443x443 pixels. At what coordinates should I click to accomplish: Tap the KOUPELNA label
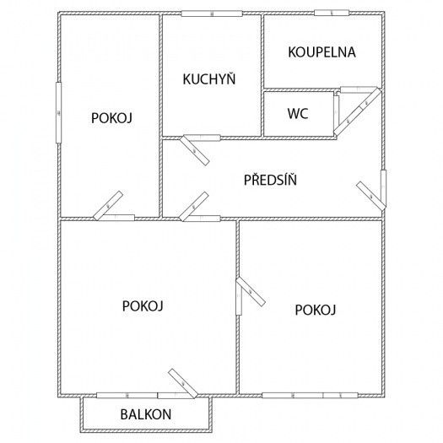point(321,51)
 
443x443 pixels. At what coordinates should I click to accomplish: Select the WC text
point(297,112)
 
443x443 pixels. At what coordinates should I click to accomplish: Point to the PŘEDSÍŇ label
point(270,180)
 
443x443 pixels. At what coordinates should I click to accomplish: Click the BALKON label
point(146,414)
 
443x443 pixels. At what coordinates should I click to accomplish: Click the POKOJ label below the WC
point(316,310)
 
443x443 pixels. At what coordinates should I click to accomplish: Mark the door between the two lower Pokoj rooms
point(249,292)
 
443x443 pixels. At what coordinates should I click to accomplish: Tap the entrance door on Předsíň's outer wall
point(371,194)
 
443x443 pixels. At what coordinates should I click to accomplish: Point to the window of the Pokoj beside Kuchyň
point(58,111)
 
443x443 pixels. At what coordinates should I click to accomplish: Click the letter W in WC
point(293,112)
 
